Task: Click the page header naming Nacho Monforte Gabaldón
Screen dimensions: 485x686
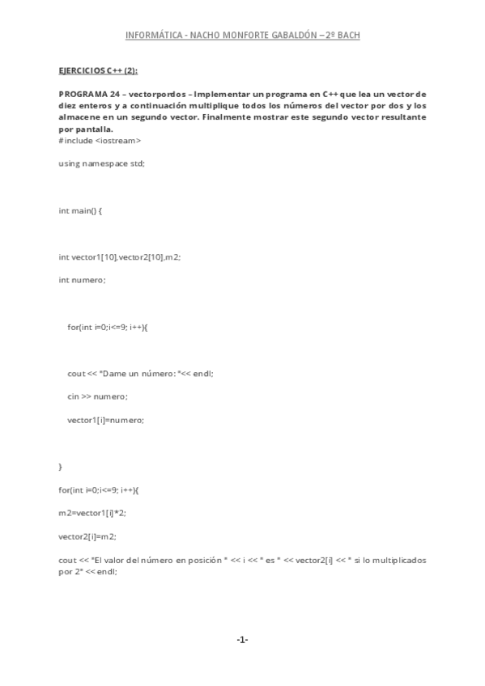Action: point(242,36)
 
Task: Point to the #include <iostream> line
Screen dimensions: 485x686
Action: point(100,140)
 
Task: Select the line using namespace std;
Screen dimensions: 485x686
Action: point(101,163)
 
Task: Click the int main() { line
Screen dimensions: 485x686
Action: point(80,210)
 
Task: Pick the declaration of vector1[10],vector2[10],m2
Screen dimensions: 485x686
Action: point(119,256)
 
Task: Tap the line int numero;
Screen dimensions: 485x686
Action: point(82,280)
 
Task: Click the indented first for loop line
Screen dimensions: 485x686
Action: point(108,327)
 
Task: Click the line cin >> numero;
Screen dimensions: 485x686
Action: point(97,396)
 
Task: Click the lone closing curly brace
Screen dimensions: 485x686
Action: point(61,467)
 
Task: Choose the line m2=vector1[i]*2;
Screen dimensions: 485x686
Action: point(92,513)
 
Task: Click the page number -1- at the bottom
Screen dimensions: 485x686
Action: point(242,640)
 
